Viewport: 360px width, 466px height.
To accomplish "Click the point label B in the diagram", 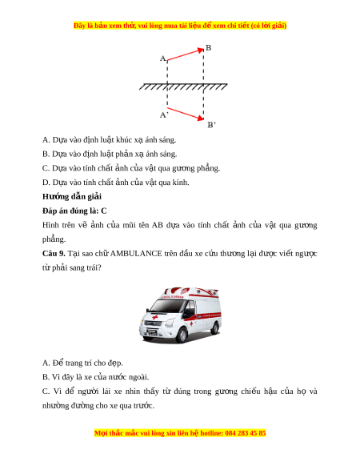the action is [x=208, y=47].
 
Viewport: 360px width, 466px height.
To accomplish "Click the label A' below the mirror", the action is [x=164, y=114].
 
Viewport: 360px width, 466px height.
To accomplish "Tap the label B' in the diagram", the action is [x=211, y=125].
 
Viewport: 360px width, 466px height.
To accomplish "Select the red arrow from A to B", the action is [x=186, y=54].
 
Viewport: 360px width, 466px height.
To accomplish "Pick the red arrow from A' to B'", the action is [x=186, y=114].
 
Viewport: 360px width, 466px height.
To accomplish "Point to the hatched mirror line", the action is [x=183, y=86].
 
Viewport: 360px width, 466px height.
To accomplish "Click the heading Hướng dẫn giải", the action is [x=72, y=196].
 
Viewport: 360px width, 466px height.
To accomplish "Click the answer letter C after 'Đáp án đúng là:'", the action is [x=104, y=211].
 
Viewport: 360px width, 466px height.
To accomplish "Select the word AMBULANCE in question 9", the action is [x=136, y=254].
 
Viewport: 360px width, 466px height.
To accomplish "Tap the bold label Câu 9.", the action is [x=54, y=254].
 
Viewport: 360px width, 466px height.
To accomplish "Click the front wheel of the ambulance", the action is [x=182, y=335].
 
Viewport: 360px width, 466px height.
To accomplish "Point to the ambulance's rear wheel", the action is [x=215, y=327].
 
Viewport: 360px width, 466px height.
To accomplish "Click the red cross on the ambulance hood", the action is [x=154, y=317].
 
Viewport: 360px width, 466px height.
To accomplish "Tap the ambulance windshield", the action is [x=167, y=306].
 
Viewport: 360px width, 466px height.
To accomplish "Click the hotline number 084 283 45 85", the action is [x=246, y=433].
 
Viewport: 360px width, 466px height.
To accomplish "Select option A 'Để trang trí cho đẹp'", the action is [x=82, y=363].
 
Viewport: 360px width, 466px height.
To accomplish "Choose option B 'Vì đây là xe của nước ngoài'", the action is [x=96, y=377].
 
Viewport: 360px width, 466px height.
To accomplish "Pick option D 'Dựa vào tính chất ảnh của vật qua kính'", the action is [x=115, y=183].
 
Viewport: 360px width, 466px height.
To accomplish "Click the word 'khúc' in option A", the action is [x=124, y=139].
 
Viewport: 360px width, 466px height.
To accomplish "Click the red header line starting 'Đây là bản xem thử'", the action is [x=180, y=26].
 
